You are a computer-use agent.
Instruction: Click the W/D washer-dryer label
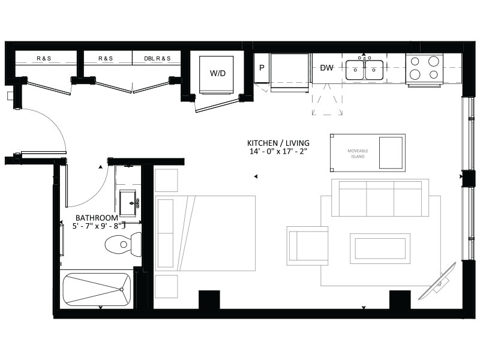tap(218, 73)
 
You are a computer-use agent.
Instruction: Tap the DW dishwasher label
tap(326, 68)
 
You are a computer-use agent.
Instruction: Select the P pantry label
tap(262, 68)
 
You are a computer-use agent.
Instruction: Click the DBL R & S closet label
tap(157, 58)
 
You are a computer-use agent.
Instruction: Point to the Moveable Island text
tap(358, 154)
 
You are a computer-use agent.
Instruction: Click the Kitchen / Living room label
tap(278, 143)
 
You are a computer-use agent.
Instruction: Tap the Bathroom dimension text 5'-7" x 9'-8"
tap(97, 226)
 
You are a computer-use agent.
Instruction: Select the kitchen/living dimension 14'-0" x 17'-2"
tap(278, 151)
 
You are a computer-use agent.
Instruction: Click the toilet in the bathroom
tap(123, 244)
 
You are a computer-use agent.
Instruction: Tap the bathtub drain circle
tap(122, 289)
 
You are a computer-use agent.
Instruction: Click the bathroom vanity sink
tap(128, 203)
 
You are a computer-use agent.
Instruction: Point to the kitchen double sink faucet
tap(364, 58)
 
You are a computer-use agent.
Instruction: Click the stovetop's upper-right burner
tap(433, 61)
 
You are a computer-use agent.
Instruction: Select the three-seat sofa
tap(380, 198)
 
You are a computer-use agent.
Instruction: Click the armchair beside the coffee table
tap(308, 246)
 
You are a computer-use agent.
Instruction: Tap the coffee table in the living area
tap(380, 248)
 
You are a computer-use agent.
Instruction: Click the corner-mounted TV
tap(438, 281)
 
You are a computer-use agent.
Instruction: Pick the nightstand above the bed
tap(166, 181)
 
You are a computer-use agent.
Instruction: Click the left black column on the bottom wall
tap(209, 299)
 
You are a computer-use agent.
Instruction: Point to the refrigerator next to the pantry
tap(289, 73)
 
